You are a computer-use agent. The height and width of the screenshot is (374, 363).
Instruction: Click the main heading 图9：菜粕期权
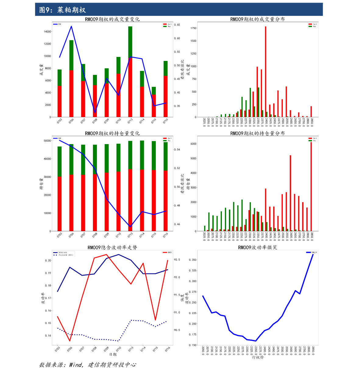(x=62, y=10)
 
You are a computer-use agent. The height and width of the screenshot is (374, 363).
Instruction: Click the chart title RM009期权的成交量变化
(x=112, y=19)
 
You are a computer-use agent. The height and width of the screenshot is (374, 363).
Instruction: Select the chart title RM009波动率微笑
(x=258, y=247)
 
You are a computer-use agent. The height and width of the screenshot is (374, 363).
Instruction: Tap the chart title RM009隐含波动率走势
(x=112, y=247)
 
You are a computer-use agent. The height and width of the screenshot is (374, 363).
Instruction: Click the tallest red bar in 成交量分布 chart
(x=265, y=72)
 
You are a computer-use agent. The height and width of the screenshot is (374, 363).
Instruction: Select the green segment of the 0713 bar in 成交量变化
(x=130, y=41)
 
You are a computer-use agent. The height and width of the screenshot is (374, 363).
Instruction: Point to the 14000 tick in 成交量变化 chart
(x=47, y=32)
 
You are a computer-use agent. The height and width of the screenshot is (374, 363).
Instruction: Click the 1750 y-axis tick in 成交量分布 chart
(x=193, y=28)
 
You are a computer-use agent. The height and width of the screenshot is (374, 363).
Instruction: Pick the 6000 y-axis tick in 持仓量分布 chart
(x=193, y=144)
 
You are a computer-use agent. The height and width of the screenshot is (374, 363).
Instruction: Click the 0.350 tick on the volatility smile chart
(x=192, y=260)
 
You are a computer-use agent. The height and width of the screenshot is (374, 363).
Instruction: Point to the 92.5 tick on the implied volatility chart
(x=177, y=260)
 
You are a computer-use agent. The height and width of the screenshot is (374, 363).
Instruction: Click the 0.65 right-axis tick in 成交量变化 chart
(x=177, y=25)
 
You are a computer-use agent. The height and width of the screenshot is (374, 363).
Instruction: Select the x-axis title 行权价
(x=258, y=357)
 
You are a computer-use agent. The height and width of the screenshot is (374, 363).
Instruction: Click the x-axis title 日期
(x=112, y=355)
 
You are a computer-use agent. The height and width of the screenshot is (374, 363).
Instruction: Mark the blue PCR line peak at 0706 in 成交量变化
(x=71, y=26)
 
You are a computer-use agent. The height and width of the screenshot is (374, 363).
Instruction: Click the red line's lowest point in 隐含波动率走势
(x=70, y=341)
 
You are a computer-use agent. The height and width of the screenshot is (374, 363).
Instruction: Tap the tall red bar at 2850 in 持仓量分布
(x=311, y=186)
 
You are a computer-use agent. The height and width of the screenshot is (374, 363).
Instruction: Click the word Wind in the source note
(x=76, y=365)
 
